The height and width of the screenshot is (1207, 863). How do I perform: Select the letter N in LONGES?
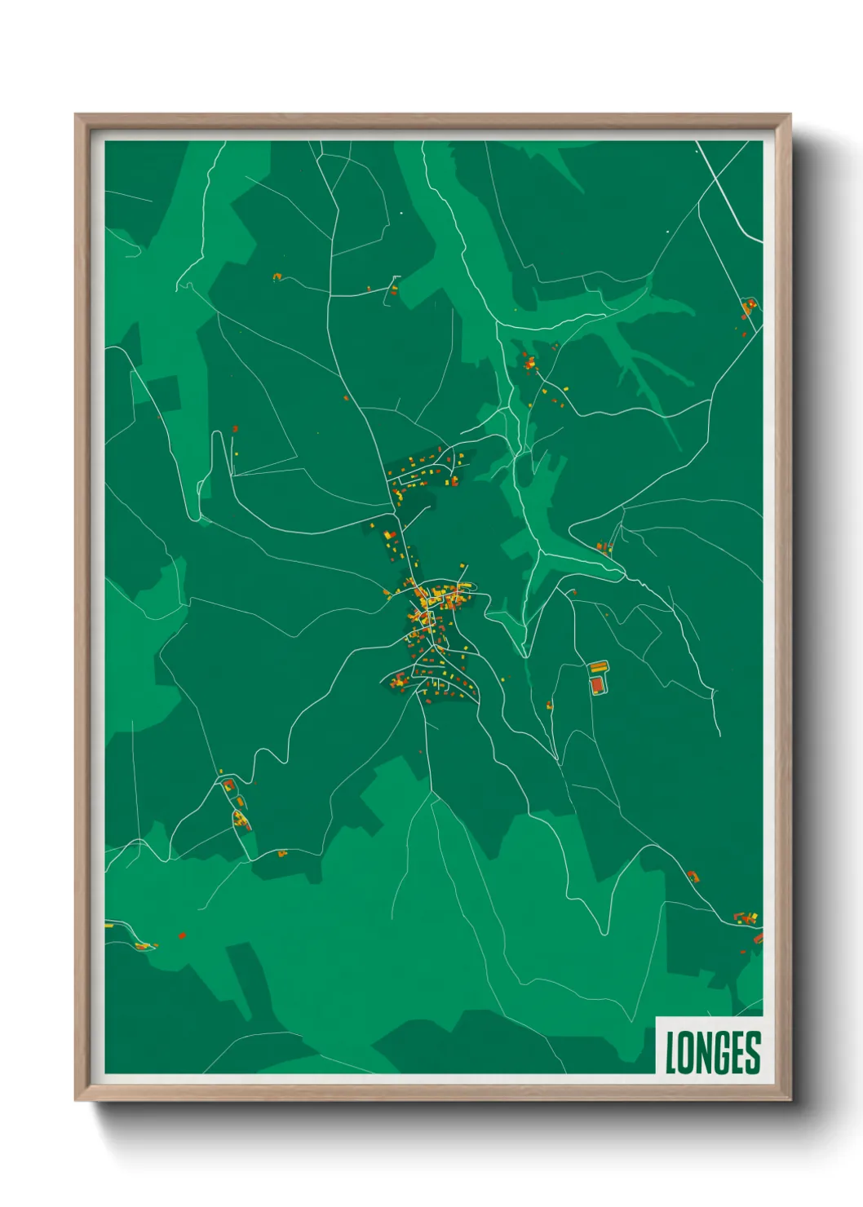[706, 1053]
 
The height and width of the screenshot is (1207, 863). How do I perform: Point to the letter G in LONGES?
[724, 1053]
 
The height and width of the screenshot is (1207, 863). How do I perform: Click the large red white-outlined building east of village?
[599, 684]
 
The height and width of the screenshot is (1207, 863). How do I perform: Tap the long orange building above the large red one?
[600, 667]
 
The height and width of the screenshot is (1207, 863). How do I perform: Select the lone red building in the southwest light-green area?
[182, 935]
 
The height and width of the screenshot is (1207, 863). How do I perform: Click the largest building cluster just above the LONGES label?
[745, 918]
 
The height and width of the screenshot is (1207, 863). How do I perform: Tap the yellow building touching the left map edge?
[108, 926]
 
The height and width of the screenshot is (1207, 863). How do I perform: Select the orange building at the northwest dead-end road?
[277, 277]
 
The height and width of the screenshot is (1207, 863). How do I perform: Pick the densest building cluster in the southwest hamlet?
[241, 820]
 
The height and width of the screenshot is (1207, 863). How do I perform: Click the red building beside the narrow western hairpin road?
[235, 428]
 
